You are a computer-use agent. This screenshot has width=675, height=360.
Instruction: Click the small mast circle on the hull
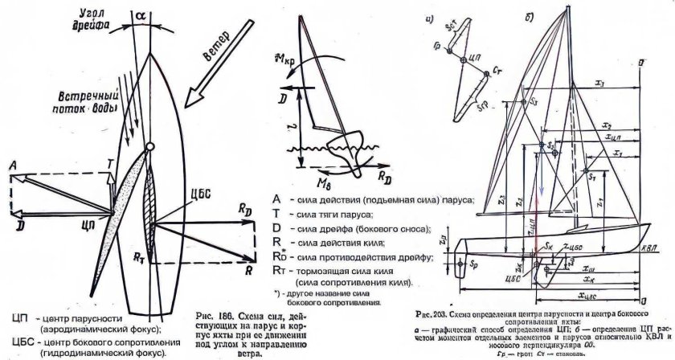pyautogui.click(x=149, y=146)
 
